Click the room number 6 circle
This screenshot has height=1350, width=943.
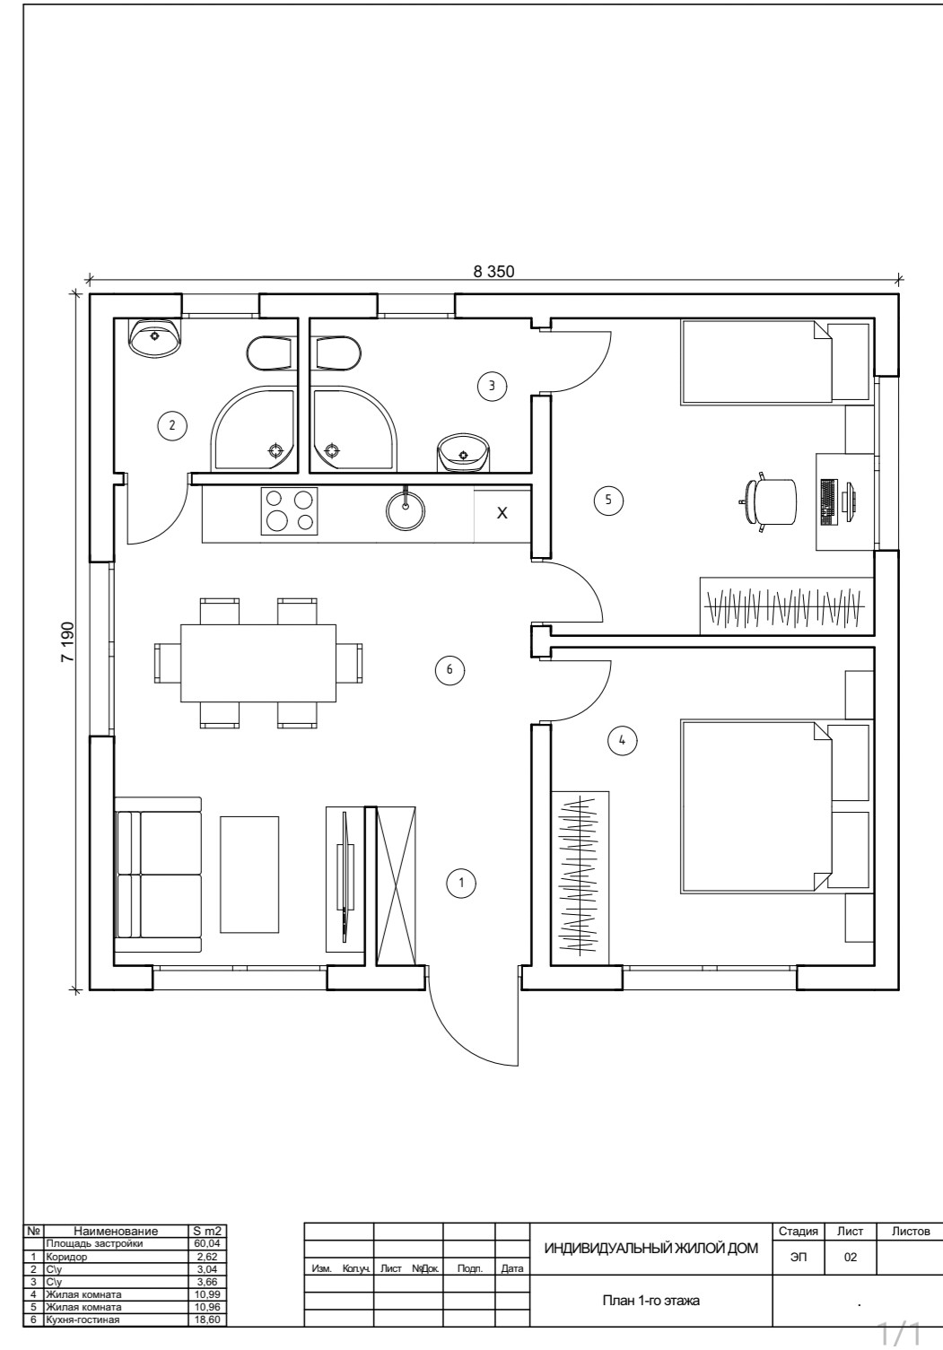[450, 669]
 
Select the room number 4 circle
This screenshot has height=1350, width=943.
[622, 740]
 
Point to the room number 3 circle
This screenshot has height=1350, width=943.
[492, 386]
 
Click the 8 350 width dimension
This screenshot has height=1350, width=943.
[494, 271]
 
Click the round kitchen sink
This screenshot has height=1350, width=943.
[406, 511]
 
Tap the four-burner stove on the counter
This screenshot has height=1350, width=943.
[289, 511]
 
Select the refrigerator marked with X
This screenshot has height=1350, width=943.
[502, 514]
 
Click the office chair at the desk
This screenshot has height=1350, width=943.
[771, 502]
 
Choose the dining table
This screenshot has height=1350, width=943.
[258, 663]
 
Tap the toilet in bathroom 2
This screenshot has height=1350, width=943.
[269, 353]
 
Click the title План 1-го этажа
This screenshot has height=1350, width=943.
[650, 1302]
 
